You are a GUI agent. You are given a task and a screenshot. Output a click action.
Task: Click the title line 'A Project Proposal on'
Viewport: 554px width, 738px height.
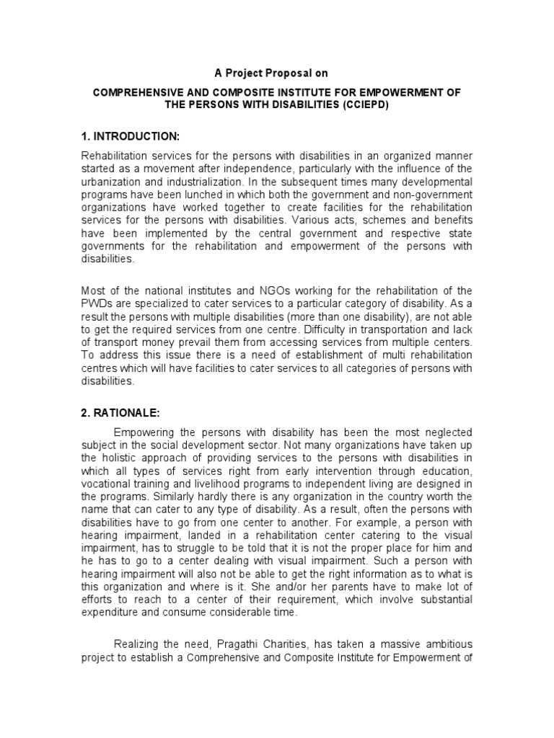click(x=277, y=73)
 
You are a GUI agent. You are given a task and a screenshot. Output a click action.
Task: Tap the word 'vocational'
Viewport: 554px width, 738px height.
click(x=107, y=486)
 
